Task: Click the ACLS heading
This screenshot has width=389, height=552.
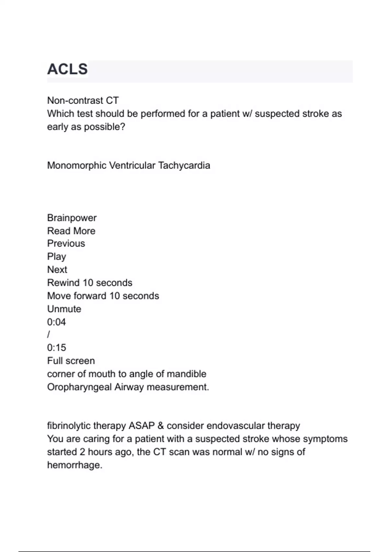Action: click(x=67, y=69)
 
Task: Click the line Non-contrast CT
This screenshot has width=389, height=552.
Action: click(x=83, y=101)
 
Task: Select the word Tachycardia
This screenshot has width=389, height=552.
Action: click(x=184, y=166)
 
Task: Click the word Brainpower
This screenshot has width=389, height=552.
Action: click(x=72, y=218)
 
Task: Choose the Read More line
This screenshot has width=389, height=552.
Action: click(x=71, y=231)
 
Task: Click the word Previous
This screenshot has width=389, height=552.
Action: click(x=66, y=244)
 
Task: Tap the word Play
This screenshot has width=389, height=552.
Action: click(x=57, y=257)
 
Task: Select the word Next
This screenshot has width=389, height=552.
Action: click(x=57, y=270)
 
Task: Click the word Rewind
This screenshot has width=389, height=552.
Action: click(x=63, y=283)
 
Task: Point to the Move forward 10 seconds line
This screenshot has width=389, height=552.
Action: click(x=103, y=296)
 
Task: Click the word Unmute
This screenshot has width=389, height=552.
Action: click(x=64, y=309)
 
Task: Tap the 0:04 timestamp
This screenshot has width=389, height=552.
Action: click(x=56, y=322)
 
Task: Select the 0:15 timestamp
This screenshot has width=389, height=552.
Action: click(x=56, y=348)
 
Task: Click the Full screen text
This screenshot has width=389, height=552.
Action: click(x=71, y=361)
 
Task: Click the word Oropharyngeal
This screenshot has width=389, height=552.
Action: click(x=79, y=387)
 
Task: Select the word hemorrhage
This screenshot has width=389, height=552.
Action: click(x=75, y=465)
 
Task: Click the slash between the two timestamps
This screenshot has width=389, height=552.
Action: click(x=49, y=335)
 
